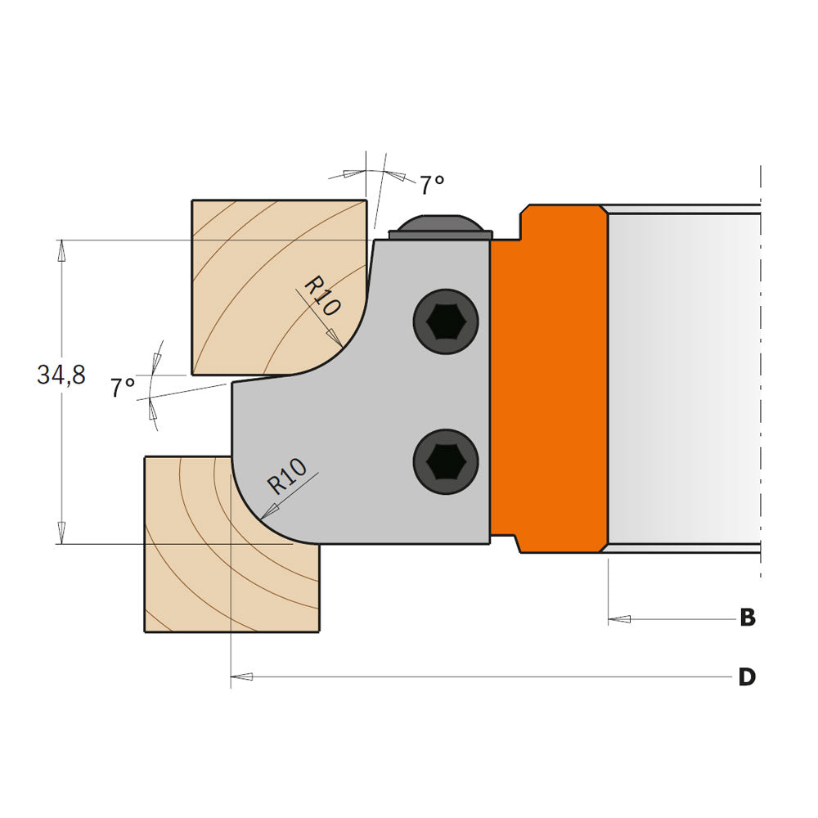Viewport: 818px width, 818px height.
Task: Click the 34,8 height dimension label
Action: [61, 375]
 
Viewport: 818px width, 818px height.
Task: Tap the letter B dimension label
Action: [747, 618]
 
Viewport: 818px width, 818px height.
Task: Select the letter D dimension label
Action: [747, 677]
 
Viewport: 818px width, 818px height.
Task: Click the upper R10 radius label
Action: [321, 296]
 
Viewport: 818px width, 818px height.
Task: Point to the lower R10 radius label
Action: [287, 477]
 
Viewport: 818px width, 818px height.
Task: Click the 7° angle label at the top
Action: [433, 185]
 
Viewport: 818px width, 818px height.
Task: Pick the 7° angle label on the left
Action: [123, 387]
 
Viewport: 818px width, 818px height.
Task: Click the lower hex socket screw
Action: [445, 462]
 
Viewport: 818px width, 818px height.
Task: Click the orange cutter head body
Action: [548, 376]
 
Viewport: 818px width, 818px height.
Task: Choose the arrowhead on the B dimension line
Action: [619, 618]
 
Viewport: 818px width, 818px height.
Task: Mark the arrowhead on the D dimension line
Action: [242, 677]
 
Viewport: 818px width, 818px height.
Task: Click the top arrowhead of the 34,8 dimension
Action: [60, 249]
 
